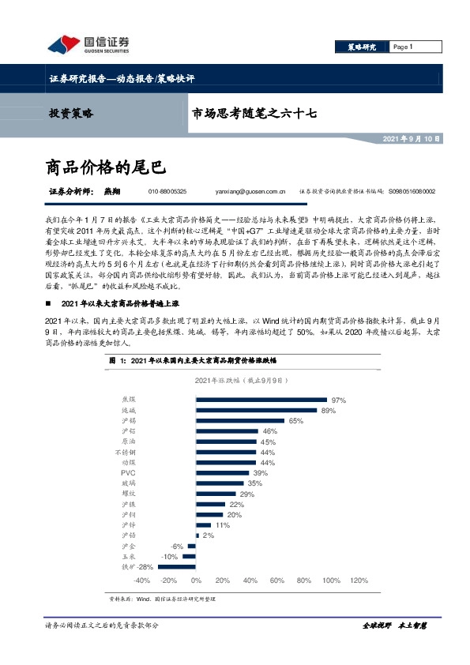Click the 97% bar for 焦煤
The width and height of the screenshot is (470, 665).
point(261,400)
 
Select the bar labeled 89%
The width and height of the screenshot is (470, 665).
point(255,410)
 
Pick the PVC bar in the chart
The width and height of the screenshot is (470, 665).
point(222,472)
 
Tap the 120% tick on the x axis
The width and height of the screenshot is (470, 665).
point(358,580)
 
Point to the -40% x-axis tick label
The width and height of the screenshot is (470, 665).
point(142,580)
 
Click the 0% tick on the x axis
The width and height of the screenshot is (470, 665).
point(196,580)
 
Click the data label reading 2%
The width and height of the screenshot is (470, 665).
point(208,535)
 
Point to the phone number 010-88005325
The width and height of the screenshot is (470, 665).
point(167,191)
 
